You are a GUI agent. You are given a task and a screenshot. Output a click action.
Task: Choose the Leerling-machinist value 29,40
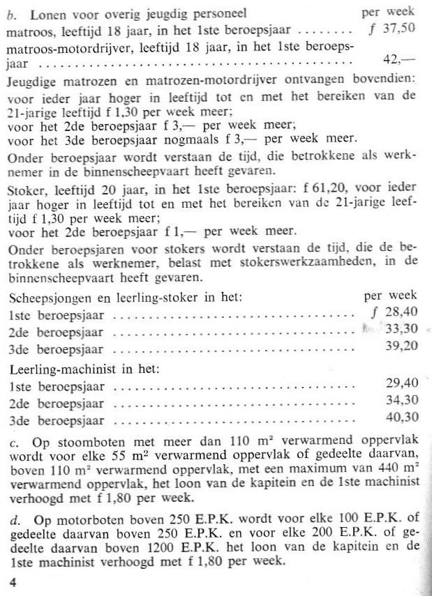[401, 383]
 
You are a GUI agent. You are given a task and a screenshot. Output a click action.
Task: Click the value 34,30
[401, 400]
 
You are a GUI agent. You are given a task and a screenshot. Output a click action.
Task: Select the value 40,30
[401, 418]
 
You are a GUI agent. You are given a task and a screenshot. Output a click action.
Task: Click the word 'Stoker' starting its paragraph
[24, 185]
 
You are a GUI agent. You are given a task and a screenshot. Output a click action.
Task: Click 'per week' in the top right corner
[388, 13]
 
